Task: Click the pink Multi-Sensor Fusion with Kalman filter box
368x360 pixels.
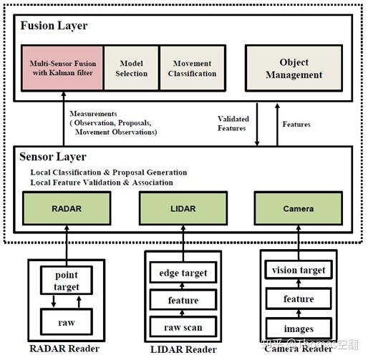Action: pos(63,69)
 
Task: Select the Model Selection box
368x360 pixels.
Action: pos(131,69)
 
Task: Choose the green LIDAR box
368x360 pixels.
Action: pos(183,210)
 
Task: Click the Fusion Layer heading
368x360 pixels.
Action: pos(54,25)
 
